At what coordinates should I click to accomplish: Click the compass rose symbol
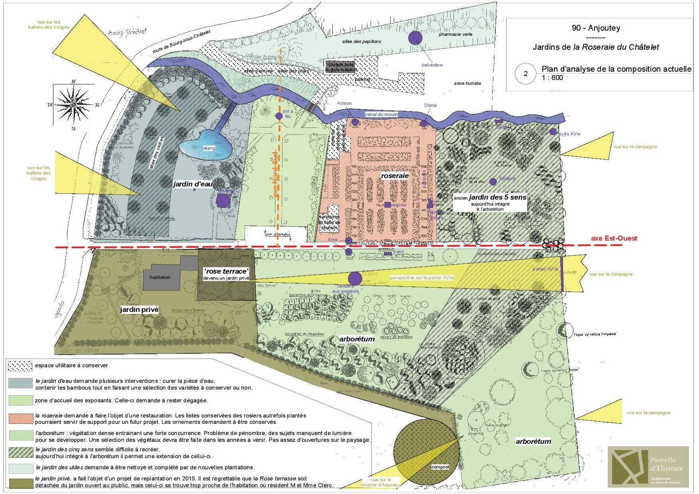tap(73, 105)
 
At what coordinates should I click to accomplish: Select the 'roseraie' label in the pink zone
tap(395, 176)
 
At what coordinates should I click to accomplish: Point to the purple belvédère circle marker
tap(415, 38)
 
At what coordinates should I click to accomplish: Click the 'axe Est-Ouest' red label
tap(614, 238)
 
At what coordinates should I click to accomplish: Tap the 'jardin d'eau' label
tap(192, 184)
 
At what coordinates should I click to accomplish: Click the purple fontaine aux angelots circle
tap(355, 278)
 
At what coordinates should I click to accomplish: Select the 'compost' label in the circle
tap(440, 467)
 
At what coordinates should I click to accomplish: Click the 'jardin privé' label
tap(139, 310)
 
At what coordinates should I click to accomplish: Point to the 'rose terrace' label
tap(226, 271)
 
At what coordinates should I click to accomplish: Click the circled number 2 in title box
tap(525, 74)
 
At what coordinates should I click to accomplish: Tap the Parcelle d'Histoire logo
tap(648, 467)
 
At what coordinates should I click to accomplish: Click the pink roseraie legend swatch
tap(20, 418)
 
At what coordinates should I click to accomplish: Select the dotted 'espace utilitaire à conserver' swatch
tap(20, 366)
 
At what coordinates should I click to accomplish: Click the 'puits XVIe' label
tap(569, 134)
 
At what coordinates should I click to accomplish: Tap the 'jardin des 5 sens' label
tap(497, 197)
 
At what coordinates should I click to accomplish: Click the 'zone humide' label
tap(467, 83)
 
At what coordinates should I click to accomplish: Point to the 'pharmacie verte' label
tap(455, 34)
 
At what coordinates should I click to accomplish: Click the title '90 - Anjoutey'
tap(595, 28)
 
